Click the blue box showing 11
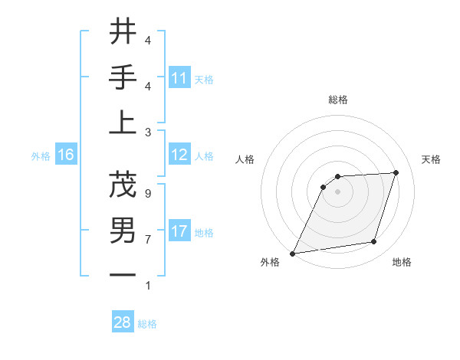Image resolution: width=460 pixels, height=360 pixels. click(179, 78)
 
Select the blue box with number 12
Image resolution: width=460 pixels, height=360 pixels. click(179, 155)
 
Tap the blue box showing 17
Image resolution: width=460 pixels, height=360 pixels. click(179, 231)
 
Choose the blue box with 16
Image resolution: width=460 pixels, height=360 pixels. click(66, 155)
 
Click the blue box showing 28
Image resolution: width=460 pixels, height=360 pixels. click(123, 322)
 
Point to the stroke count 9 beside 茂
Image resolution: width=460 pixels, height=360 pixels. click(147, 193)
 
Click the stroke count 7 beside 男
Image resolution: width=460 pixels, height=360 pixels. click(147, 239)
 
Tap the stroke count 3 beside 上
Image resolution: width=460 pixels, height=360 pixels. click(147, 132)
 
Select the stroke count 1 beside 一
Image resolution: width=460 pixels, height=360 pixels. click(147, 286)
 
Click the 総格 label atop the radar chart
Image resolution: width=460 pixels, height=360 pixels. click(337, 100)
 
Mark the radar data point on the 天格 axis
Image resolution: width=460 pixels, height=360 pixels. click(396, 172)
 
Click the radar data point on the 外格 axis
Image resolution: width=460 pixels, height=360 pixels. click(292, 254)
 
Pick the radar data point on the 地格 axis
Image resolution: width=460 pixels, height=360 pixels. click(374, 242)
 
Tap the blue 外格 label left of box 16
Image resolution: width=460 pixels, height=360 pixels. click(41, 156)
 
